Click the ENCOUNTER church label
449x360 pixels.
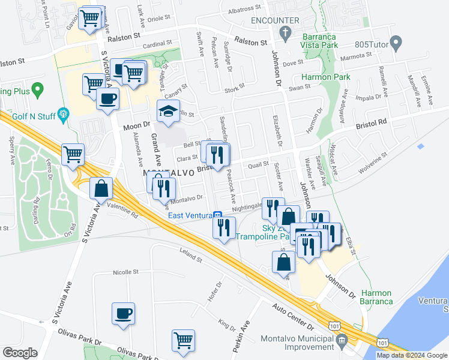tap(275, 20)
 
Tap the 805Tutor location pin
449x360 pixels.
tap(395, 43)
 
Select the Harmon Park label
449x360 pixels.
tap(325, 77)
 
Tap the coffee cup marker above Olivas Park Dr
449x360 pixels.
tap(123, 313)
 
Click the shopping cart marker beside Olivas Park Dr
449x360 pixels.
tap(184, 340)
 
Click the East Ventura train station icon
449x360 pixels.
tap(218, 215)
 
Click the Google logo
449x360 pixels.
tap(20, 353)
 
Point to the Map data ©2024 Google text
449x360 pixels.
tap(412, 355)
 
